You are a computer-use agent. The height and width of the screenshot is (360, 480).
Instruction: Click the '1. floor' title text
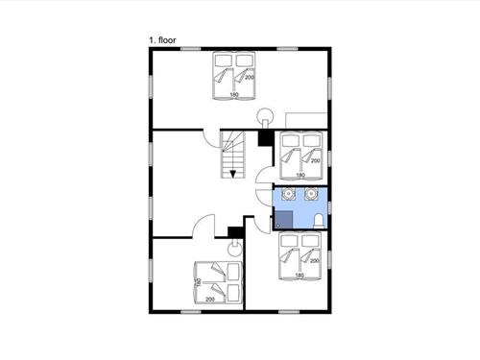[x=162, y=40]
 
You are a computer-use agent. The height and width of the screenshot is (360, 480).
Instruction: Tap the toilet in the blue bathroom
[x=319, y=221]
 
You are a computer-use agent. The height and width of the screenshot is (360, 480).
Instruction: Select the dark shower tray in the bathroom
[x=284, y=220]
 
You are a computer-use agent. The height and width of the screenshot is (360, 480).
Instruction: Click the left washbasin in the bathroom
[x=288, y=194]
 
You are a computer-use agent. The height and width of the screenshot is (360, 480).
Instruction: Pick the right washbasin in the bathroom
[x=311, y=194]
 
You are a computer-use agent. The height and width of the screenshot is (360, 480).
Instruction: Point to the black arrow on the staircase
[x=232, y=174]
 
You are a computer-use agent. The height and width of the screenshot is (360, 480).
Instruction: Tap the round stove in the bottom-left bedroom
[x=235, y=248]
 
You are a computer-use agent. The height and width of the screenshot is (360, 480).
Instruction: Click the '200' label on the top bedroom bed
[x=250, y=78]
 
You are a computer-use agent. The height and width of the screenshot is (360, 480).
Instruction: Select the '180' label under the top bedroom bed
[x=234, y=95]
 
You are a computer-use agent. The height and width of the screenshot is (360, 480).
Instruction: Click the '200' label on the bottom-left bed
[x=210, y=300]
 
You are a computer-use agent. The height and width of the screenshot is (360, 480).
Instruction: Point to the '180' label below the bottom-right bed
[x=300, y=276]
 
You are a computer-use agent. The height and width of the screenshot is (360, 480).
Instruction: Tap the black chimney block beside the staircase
[x=265, y=138]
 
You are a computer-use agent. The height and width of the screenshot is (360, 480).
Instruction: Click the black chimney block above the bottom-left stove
[x=235, y=232]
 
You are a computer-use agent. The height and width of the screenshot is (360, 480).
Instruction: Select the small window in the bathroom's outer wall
[x=329, y=206]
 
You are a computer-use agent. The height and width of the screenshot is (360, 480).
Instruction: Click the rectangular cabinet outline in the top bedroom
[x=306, y=120]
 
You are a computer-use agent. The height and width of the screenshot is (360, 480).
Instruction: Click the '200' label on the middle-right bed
[x=316, y=160]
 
